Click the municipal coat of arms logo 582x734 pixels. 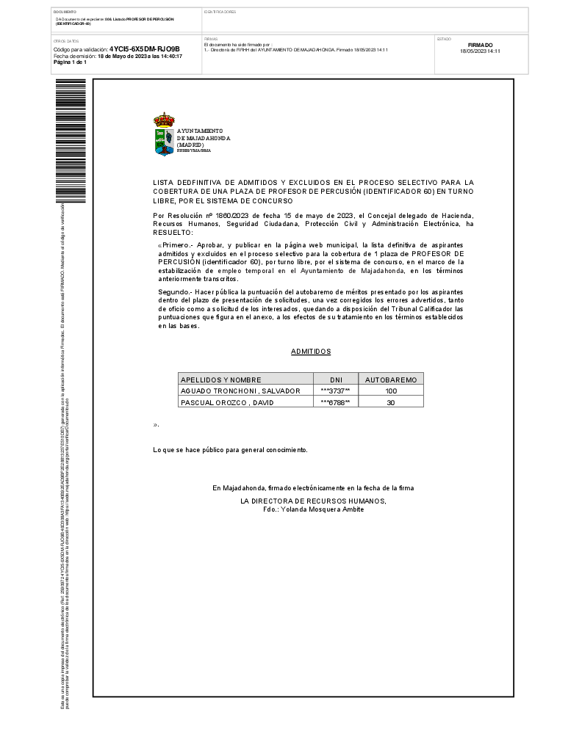164,134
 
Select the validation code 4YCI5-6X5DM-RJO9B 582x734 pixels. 144,49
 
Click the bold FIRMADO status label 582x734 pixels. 480,45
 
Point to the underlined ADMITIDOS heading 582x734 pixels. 311,352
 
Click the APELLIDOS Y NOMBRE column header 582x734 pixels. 221,379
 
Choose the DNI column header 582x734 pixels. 337,379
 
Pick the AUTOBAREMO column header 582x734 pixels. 391,379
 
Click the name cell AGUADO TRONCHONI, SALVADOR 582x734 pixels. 240,390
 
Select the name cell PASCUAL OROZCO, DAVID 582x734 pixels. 226,402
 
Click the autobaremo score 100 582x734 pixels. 391,390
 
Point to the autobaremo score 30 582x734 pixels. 391,402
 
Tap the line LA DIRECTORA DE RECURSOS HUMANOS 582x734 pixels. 313,501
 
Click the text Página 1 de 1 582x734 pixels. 70,62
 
